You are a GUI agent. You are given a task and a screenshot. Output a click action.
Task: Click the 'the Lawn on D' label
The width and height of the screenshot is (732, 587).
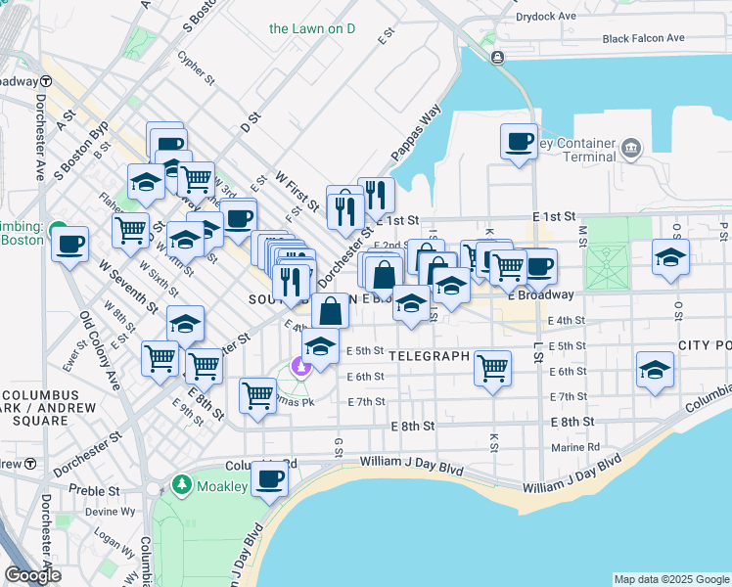(311, 28)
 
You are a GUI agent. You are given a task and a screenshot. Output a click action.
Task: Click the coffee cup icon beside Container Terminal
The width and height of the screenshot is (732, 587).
(519, 141)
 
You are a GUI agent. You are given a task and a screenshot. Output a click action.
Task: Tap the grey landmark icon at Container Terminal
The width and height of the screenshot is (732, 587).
(630, 150)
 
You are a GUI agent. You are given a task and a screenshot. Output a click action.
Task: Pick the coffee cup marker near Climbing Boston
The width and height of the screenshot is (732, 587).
(69, 243)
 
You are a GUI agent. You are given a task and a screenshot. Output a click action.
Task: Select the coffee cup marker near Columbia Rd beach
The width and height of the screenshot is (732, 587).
(269, 479)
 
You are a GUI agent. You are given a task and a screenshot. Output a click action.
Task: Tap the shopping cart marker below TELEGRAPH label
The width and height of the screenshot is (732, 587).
(493, 368)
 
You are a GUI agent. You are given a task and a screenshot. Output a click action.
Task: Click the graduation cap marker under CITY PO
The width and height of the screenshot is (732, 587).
(655, 370)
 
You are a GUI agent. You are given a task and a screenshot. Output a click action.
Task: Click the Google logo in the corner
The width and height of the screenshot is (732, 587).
(32, 575)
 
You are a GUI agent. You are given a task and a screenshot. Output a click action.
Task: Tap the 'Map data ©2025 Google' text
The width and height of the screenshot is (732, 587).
(671, 579)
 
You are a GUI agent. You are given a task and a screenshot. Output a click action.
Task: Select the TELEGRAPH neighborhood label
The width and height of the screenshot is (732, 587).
(429, 356)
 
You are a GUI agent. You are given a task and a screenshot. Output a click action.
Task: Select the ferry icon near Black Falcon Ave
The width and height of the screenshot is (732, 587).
(498, 58)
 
